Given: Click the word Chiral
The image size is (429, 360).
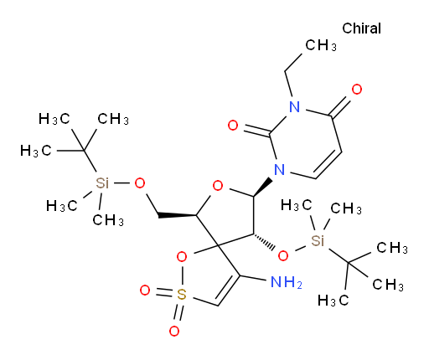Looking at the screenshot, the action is pos(361,28).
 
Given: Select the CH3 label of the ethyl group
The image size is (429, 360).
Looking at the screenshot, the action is pos(321,45).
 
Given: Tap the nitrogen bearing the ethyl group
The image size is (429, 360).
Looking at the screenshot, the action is pos(295,107).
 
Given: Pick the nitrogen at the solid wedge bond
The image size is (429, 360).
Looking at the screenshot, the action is pos(279,169).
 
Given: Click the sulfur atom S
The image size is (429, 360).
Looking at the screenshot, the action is pos(182,294).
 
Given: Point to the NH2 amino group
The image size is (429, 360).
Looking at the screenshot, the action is pos(287,282).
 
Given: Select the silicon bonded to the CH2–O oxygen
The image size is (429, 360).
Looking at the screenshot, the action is pos(102,183).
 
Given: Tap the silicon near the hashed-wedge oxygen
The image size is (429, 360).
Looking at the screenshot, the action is pos(318,240).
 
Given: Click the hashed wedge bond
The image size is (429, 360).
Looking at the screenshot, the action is pos(264,241).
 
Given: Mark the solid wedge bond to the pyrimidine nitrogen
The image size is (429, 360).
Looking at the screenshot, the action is pos(263,188).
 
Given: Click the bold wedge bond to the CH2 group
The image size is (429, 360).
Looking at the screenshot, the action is pos(177,215).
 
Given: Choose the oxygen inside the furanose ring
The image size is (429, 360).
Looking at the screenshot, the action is pos(218,185).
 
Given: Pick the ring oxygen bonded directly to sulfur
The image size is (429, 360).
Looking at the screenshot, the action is pos(182,257).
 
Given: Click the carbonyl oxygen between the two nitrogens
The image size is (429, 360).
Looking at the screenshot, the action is pos(233,126).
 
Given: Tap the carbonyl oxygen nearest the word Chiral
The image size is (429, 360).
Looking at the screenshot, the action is pos(357,90).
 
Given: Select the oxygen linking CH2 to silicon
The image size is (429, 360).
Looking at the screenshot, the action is pos(140,183).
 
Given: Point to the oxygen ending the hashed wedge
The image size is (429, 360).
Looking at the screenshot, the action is pos(283,255).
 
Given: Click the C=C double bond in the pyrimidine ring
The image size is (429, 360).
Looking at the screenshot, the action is pos(328,164).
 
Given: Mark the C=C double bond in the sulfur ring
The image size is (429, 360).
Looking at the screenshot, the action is pos(228,290).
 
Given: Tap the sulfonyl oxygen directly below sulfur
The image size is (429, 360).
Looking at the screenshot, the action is pos(174,332).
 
